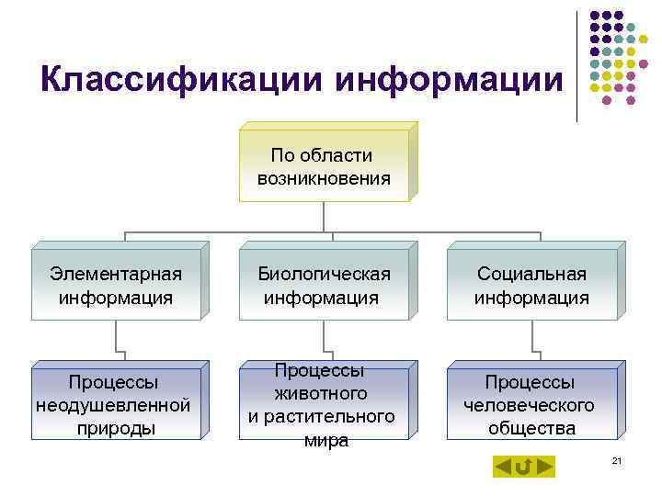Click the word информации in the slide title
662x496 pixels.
[449, 80]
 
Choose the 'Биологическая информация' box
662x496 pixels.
[324, 285]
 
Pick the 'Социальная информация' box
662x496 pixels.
[531, 285]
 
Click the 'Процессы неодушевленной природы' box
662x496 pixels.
[115, 404]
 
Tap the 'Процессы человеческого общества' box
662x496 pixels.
[531, 404]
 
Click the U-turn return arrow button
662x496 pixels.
[523, 468]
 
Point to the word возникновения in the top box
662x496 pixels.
[324, 178]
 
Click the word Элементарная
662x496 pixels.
[116, 274]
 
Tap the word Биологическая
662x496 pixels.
[324, 274]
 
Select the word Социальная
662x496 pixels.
[531, 274]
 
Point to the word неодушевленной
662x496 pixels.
[113, 405]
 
